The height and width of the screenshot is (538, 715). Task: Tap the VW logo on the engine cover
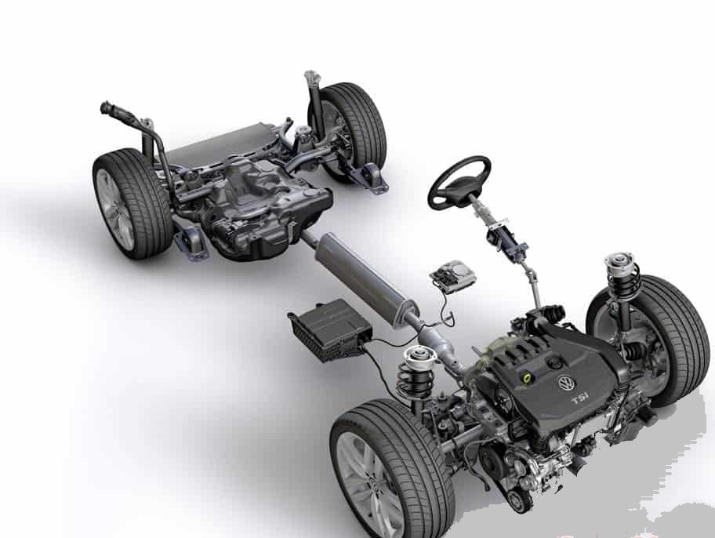[x=565, y=383]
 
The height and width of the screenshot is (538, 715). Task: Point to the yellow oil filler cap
[x=527, y=377]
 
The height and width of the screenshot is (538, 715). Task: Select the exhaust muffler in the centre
[x=365, y=279]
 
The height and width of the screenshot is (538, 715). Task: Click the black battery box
[x=330, y=329]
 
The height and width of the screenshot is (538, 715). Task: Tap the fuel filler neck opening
[x=107, y=108]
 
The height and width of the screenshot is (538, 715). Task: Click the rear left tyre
[x=132, y=204]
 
